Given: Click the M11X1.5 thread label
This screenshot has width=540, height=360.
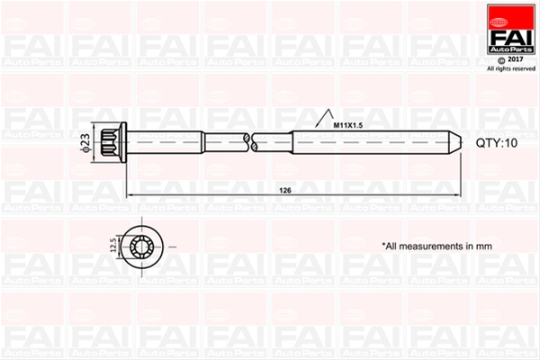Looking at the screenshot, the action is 347,125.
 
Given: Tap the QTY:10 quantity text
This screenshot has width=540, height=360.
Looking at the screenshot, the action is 497,143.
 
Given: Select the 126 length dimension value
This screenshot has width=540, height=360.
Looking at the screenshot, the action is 285,191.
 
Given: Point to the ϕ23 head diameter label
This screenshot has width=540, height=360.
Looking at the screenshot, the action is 85,142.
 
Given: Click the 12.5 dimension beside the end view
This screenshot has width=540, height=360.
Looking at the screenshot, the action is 113,245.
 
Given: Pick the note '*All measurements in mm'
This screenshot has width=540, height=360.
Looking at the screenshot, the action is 437,247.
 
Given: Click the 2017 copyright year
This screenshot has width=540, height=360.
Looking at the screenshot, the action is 516,59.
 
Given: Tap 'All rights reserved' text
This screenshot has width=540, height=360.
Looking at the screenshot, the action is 511,69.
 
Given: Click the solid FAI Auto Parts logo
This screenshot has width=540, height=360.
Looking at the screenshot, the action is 511,30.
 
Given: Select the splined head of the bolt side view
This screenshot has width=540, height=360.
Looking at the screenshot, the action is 110,142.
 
